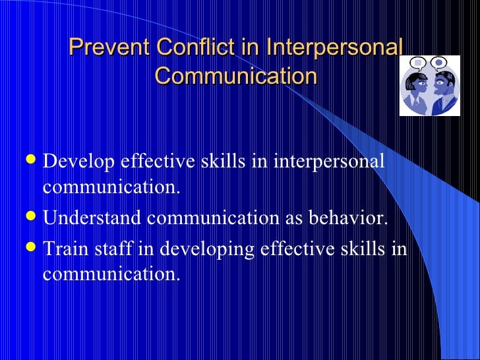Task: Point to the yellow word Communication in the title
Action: coord(235,76)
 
